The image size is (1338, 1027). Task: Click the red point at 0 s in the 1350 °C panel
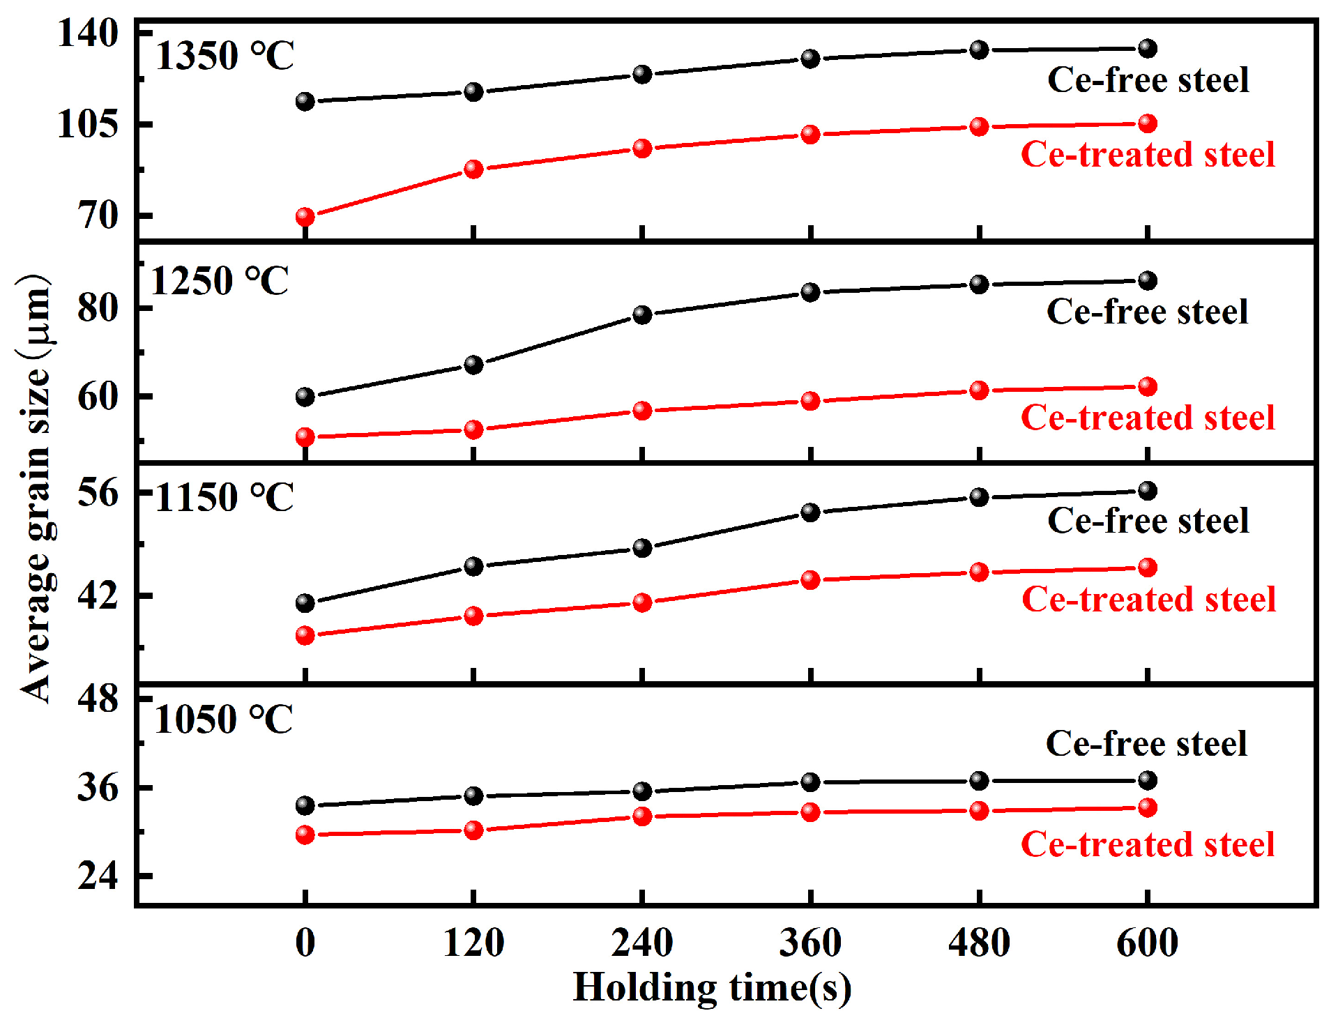(x=305, y=217)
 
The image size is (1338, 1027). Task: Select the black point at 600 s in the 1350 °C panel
(x=1147, y=48)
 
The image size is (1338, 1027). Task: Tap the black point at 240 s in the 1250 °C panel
(x=642, y=314)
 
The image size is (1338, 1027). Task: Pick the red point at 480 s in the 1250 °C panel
(x=979, y=390)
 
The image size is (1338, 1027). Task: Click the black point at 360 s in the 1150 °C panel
(x=810, y=512)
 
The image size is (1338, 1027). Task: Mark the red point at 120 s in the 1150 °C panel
(x=473, y=616)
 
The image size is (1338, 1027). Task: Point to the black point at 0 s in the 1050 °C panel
(x=305, y=805)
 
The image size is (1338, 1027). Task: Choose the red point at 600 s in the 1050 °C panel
(x=1147, y=807)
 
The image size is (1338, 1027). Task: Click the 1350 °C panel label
(x=225, y=56)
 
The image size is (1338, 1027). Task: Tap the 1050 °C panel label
(x=224, y=719)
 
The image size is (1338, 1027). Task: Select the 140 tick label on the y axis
(x=89, y=33)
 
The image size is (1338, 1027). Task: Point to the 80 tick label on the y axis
(x=98, y=307)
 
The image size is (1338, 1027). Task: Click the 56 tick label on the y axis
(x=98, y=492)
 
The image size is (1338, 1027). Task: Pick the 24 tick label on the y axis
(x=98, y=875)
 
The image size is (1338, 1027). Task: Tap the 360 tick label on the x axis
(x=810, y=943)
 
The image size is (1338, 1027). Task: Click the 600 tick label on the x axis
(x=1147, y=943)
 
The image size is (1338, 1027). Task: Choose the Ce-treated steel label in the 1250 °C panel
(x=1148, y=418)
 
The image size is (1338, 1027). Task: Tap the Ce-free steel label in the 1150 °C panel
(x=1148, y=520)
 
